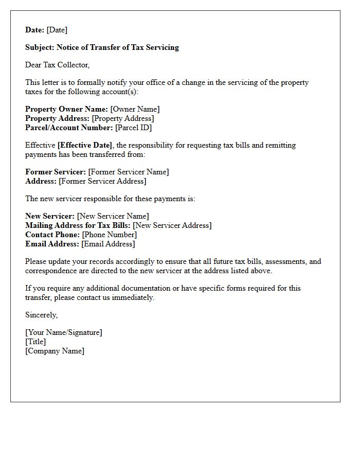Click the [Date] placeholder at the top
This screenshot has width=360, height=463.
pos(57,30)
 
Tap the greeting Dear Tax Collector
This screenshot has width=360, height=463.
pos(57,65)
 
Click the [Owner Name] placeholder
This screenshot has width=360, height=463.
pos(135,109)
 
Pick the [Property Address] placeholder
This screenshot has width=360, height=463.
pos(123,118)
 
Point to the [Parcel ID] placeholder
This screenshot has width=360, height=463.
pos(133,128)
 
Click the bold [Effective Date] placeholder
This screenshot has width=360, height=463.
pos(85,145)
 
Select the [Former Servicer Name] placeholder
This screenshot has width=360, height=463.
pos(129,172)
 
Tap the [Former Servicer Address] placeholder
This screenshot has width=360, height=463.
pos(102,181)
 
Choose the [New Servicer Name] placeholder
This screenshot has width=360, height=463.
pos(113,216)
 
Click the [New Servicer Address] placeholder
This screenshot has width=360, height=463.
pos(172,225)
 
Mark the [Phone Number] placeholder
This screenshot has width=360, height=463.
pos(110,235)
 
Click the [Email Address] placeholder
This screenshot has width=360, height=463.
pos(108,244)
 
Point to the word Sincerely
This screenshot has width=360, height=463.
pos(41,315)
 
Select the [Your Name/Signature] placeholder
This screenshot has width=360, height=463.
pos(64,332)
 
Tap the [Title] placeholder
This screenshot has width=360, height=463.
pos(35,342)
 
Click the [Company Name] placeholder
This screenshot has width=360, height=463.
pos(55,351)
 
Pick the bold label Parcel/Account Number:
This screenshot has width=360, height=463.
pos(69,128)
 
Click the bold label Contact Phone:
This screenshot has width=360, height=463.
pos(52,235)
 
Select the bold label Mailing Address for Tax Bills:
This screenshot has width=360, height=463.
pos(78,225)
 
